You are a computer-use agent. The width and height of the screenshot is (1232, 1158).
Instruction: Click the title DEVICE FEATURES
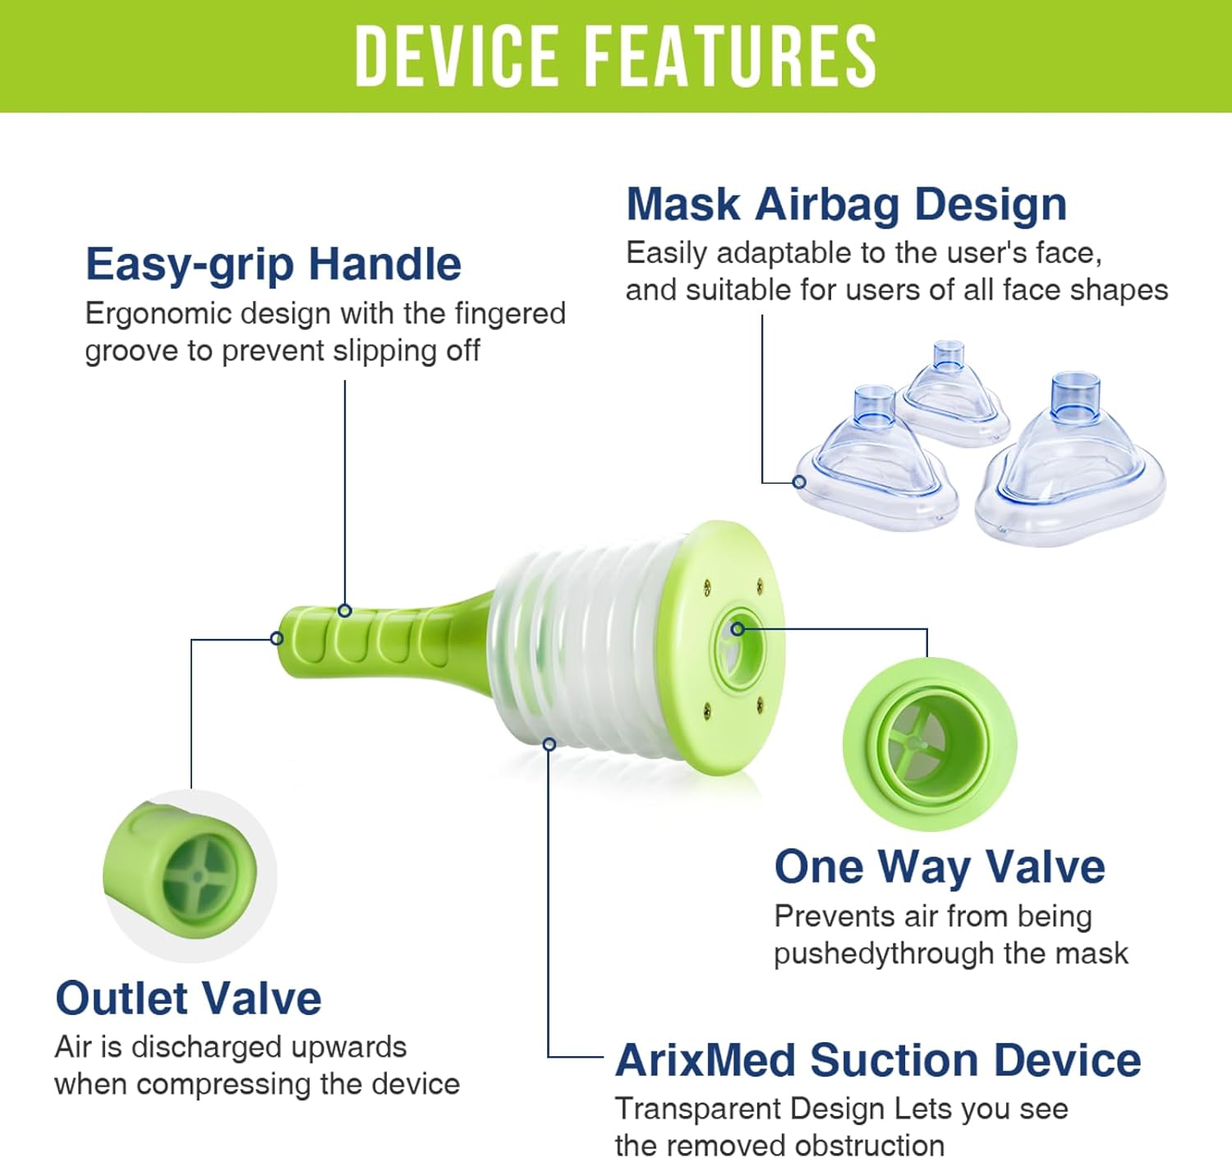click(615, 57)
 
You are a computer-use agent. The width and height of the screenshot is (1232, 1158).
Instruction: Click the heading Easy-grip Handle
click(274, 265)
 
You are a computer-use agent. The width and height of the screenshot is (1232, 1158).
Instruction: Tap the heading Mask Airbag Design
click(846, 204)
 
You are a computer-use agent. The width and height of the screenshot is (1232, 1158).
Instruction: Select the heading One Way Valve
click(940, 866)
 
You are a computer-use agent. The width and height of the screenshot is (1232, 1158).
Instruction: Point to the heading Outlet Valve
click(189, 999)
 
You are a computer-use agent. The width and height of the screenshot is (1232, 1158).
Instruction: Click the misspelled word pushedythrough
click(884, 954)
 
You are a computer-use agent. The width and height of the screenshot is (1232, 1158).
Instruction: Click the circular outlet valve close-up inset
click(190, 875)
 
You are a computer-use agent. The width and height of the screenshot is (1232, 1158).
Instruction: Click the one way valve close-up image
click(929, 744)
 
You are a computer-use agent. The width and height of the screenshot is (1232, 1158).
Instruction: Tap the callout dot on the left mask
click(800, 482)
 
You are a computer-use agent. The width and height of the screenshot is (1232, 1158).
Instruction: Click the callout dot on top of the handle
click(345, 611)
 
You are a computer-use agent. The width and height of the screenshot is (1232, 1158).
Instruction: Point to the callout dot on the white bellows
click(549, 743)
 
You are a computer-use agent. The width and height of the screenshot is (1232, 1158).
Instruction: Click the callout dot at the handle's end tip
click(277, 639)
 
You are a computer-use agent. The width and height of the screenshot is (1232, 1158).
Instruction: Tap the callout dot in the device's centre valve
click(737, 629)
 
